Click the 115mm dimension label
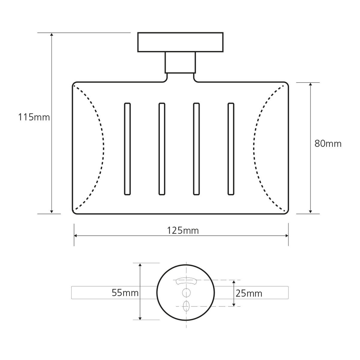click(x=34, y=117)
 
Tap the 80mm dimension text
click(x=328, y=144)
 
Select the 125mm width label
click(x=183, y=230)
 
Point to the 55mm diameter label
click(x=125, y=292)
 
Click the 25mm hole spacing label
click(x=249, y=293)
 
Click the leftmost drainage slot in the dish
click(x=127, y=149)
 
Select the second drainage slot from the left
click(x=162, y=149)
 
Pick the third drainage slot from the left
click(x=196, y=149)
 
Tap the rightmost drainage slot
click(x=231, y=149)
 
